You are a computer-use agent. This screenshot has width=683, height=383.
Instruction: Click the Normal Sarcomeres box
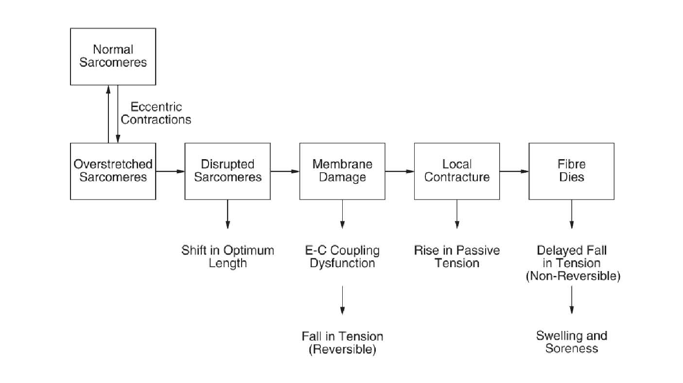[113, 56]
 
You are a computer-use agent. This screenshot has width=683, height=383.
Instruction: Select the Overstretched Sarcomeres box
[113, 171]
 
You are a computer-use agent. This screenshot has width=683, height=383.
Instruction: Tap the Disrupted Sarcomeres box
[228, 171]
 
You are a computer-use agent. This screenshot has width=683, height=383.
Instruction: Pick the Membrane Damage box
[342, 171]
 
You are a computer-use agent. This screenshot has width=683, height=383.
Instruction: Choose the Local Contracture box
[456, 171]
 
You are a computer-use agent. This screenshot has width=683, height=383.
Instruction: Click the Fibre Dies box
[571, 171]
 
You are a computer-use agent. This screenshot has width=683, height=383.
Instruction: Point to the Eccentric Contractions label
[156, 113]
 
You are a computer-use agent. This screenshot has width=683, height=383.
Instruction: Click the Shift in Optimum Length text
[228, 257]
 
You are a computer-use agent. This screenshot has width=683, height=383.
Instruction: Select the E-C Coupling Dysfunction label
[342, 257]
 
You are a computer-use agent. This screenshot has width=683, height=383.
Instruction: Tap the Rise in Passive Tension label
[456, 257]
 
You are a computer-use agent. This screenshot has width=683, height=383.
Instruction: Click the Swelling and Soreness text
[571, 342]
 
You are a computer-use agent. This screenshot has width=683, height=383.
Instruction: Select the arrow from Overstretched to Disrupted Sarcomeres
[170, 171]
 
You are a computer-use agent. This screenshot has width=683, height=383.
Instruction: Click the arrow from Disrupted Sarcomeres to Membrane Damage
[285, 171]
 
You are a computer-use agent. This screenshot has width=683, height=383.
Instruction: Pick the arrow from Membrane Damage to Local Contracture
[400, 171]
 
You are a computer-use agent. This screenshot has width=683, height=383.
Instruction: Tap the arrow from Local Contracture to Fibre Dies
[514, 171]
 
